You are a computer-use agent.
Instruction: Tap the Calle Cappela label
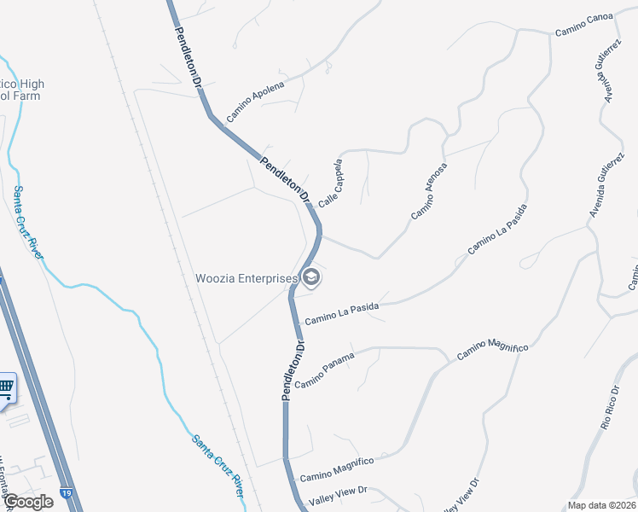click(330, 183)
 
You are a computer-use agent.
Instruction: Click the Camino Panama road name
click(323, 368)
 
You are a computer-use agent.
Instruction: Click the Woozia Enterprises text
click(246, 278)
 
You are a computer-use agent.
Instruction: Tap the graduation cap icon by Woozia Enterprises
click(311, 277)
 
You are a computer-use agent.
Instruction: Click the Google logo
click(27, 502)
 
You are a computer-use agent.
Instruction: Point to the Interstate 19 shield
click(67, 493)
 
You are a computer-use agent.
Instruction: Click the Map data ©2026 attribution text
click(602, 505)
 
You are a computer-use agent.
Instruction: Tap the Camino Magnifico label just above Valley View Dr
click(337, 468)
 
